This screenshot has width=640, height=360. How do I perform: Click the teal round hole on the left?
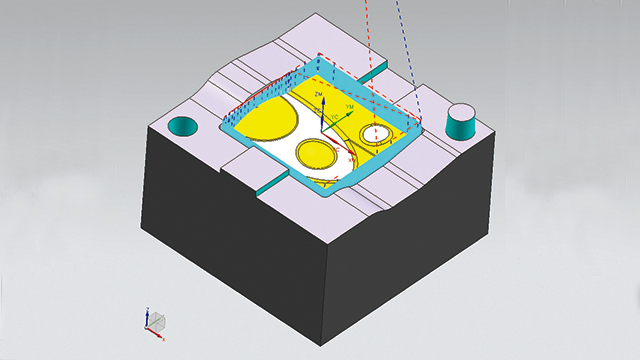click(x=183, y=126)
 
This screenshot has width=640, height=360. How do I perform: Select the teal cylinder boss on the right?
click(x=460, y=125)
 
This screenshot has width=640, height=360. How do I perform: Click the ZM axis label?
click(x=317, y=93)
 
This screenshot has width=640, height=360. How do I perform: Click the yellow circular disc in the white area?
click(x=317, y=155)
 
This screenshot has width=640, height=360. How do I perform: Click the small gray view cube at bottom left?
click(x=156, y=319)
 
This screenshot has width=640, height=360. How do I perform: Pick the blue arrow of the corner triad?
click(x=147, y=315)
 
